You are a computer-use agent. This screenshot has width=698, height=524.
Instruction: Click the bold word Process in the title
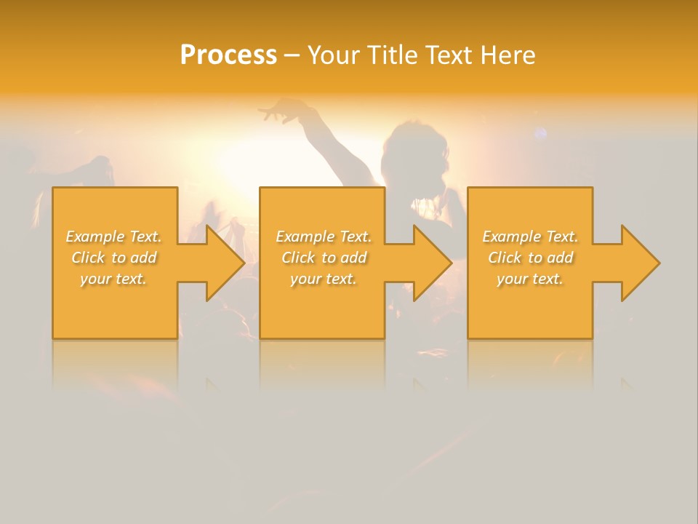point(228,55)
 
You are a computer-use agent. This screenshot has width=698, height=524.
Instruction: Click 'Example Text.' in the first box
point(114,237)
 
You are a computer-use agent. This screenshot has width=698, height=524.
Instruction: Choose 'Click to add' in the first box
point(114,258)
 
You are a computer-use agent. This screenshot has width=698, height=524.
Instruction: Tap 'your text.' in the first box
point(114,279)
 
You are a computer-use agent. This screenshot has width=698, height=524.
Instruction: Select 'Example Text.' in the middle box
point(324,237)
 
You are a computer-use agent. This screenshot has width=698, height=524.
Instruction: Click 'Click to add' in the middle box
point(324,258)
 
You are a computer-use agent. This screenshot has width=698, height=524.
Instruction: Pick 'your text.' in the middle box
point(324,279)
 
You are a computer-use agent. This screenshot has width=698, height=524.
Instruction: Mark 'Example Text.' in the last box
point(530,237)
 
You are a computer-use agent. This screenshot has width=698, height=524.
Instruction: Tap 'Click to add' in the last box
point(530,258)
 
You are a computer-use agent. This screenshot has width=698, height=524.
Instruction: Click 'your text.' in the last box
point(530,279)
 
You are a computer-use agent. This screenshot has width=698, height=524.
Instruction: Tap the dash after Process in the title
point(292,55)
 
